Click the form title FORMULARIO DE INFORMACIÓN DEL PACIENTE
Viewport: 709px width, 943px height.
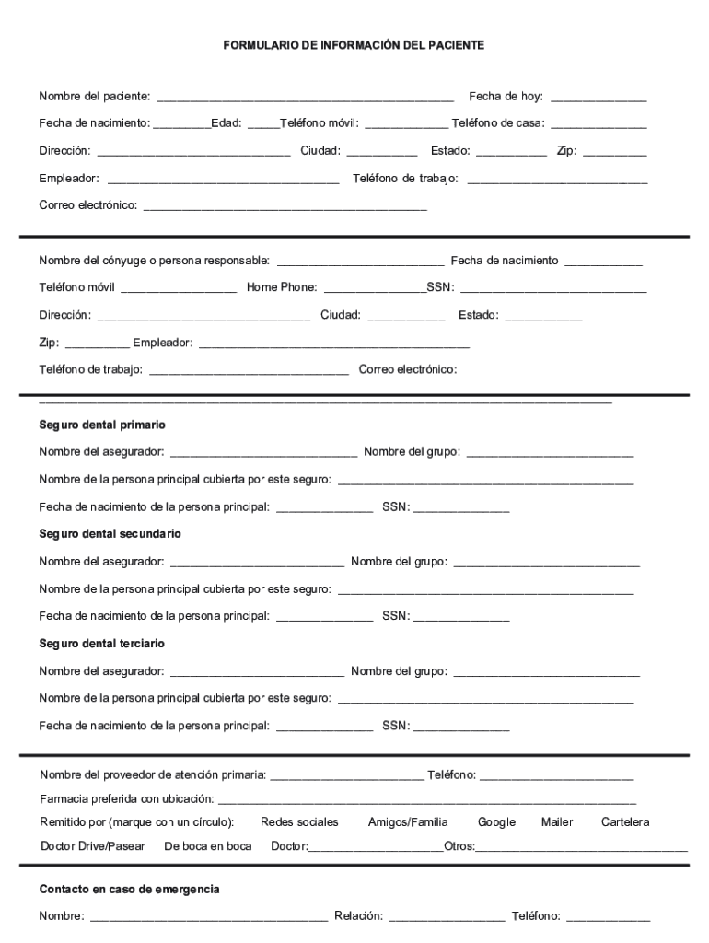point(354,44)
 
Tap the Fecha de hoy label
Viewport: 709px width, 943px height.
point(506,96)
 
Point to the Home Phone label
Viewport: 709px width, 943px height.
point(281,287)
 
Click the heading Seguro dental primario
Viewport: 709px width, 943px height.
point(102,425)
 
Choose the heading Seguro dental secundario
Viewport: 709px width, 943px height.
point(110,534)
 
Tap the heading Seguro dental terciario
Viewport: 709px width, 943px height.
point(101,643)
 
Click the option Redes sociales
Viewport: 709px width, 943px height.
point(299,821)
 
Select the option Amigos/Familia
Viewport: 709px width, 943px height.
point(408,821)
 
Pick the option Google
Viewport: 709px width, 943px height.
point(496,821)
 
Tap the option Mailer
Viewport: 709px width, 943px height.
point(557,821)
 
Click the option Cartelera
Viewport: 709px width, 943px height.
point(625,821)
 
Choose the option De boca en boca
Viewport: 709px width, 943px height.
point(207,846)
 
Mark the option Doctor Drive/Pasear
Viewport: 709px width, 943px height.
point(93,846)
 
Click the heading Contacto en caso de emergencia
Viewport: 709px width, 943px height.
point(129,890)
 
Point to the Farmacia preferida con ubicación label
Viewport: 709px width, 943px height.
point(126,798)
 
